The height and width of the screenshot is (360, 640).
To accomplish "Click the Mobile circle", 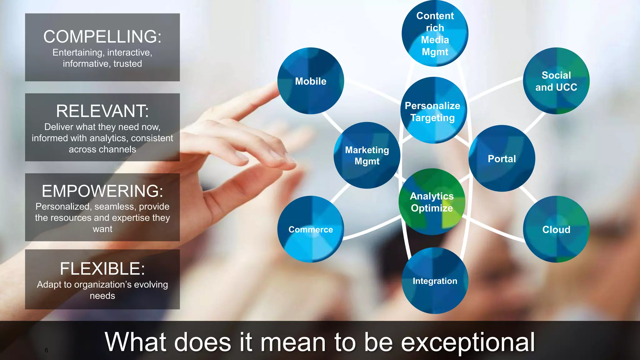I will (311, 81).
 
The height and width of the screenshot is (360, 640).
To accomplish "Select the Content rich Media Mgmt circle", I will (435, 33).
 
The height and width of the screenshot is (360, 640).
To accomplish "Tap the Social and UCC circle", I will (556, 81).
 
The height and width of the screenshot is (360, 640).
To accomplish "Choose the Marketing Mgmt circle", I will (367, 155).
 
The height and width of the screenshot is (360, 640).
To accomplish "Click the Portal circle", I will (502, 158).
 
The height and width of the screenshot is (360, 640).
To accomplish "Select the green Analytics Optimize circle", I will (432, 202).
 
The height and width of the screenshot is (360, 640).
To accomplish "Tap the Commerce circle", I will (311, 229).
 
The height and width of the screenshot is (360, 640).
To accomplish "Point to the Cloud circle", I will (556, 229).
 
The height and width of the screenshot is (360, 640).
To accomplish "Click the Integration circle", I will (435, 281).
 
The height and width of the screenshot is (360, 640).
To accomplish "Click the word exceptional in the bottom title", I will (468, 342).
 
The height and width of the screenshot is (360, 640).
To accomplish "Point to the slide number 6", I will (46, 350).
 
